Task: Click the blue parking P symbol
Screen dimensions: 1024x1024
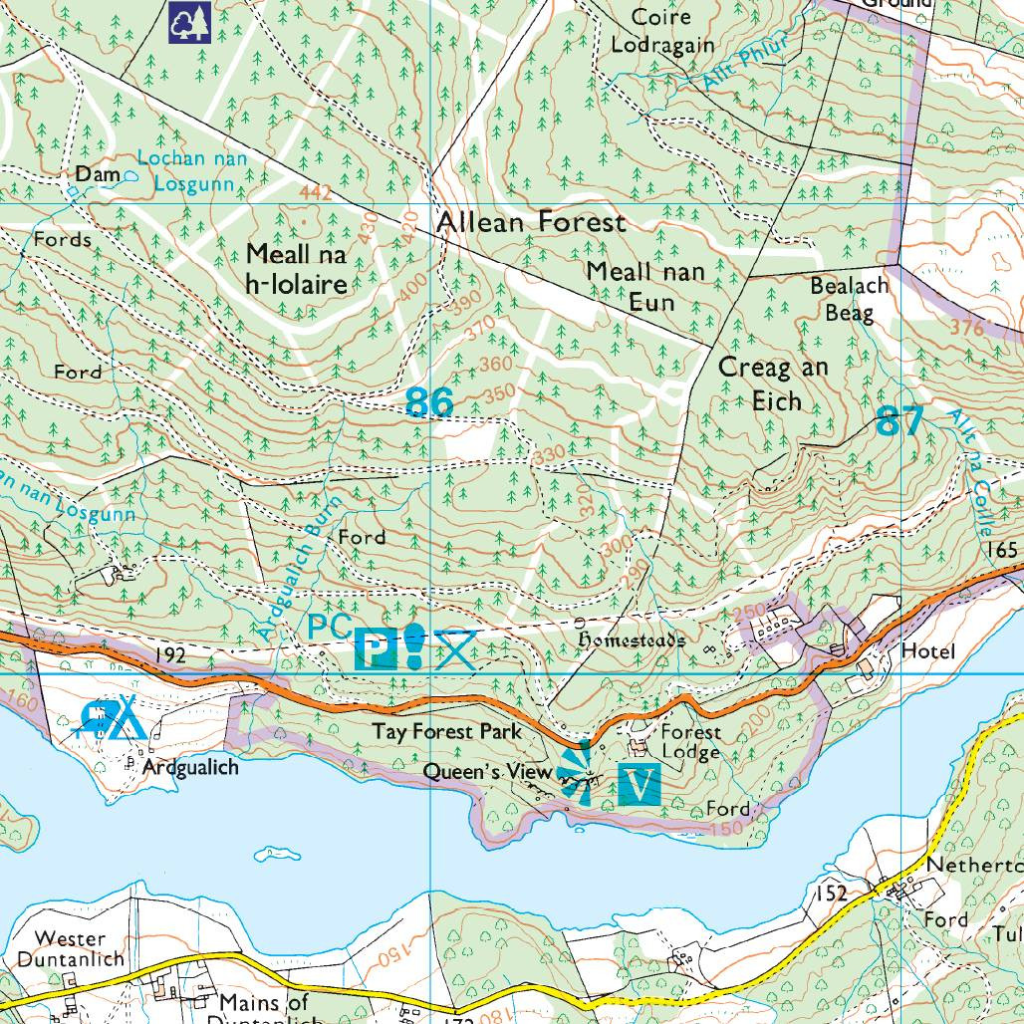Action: pos(375,650)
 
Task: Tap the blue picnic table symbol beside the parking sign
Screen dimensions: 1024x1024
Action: pos(454,647)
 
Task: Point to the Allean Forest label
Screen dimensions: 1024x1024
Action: pos(531,222)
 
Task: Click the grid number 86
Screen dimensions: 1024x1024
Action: pos(429,402)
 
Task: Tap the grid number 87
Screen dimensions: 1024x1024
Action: pos(899,421)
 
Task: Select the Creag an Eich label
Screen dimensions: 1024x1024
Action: pos(773,384)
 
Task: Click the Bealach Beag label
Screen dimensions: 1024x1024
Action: pos(849,299)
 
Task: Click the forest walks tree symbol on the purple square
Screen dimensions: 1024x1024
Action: pos(189,20)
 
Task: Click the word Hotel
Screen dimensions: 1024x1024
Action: pos(927,651)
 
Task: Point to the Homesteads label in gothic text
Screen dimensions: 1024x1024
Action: pos(632,640)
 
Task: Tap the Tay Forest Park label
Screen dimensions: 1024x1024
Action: pos(447,731)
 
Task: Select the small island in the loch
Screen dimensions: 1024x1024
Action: pos(277,854)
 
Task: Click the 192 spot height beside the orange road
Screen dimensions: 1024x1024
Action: pos(171,655)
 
